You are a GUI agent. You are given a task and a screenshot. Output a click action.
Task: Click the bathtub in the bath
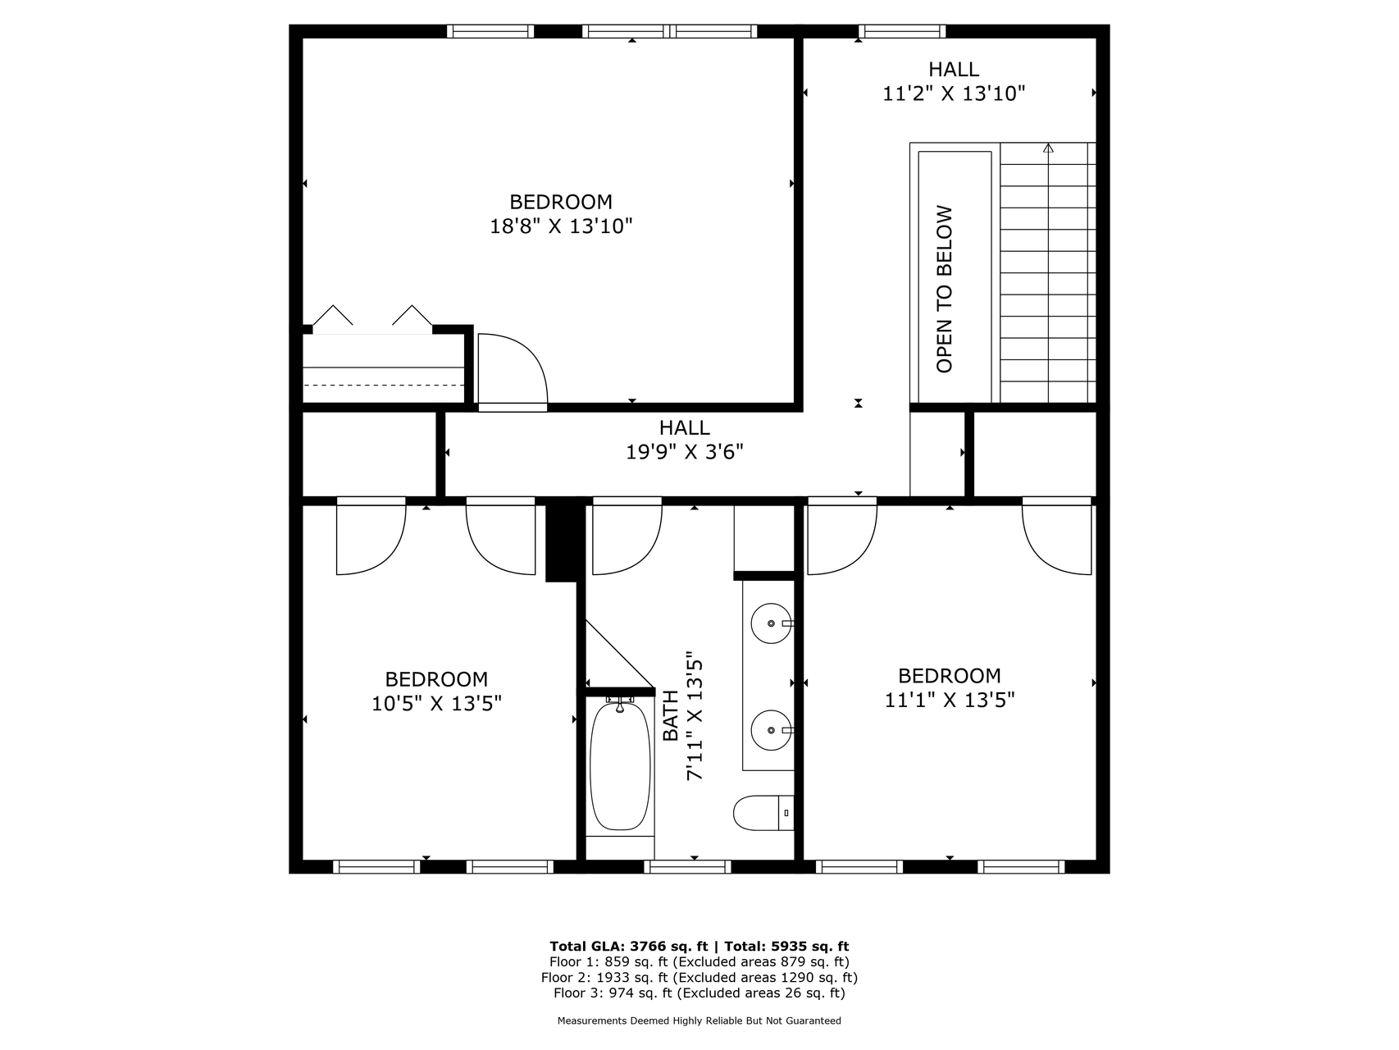tap(620, 766)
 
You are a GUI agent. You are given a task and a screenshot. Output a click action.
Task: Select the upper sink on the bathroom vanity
tap(771, 623)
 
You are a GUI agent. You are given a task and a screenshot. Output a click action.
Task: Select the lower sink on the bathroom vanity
tap(771, 729)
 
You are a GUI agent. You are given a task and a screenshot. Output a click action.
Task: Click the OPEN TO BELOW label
tap(945, 289)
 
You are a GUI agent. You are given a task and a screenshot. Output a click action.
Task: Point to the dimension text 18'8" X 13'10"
tap(561, 226)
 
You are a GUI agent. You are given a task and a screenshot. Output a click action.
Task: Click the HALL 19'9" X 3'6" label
tap(684, 441)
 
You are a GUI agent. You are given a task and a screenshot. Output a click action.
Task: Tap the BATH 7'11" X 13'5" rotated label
tap(683, 719)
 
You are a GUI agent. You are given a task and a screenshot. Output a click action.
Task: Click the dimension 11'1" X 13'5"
tap(950, 700)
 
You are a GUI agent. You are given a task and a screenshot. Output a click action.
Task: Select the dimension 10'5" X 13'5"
tap(436, 703)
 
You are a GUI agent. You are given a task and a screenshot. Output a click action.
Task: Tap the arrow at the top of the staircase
tap(1048, 148)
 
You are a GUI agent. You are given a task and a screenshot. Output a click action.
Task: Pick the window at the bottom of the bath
tap(687, 866)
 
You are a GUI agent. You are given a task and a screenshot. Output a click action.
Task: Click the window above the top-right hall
tap(901, 32)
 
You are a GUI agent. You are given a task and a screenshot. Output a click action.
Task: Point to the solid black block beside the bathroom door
tap(562, 541)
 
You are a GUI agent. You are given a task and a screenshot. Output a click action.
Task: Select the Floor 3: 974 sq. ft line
tap(699, 993)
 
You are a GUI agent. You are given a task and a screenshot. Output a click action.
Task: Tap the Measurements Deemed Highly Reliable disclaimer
tap(699, 1021)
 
